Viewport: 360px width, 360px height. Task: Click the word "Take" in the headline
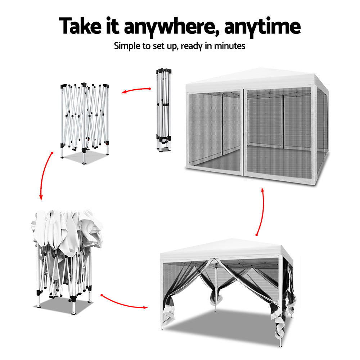click(80, 26)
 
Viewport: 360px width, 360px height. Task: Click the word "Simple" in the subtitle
click(127, 46)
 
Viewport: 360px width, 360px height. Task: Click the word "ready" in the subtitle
click(192, 46)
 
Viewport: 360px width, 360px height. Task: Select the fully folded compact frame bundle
click(164, 110)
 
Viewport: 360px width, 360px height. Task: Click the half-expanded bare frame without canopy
click(85, 123)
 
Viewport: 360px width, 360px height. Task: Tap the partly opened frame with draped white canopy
click(67, 262)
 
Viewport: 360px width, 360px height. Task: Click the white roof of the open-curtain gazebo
click(226, 249)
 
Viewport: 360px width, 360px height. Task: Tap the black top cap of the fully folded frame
click(164, 70)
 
